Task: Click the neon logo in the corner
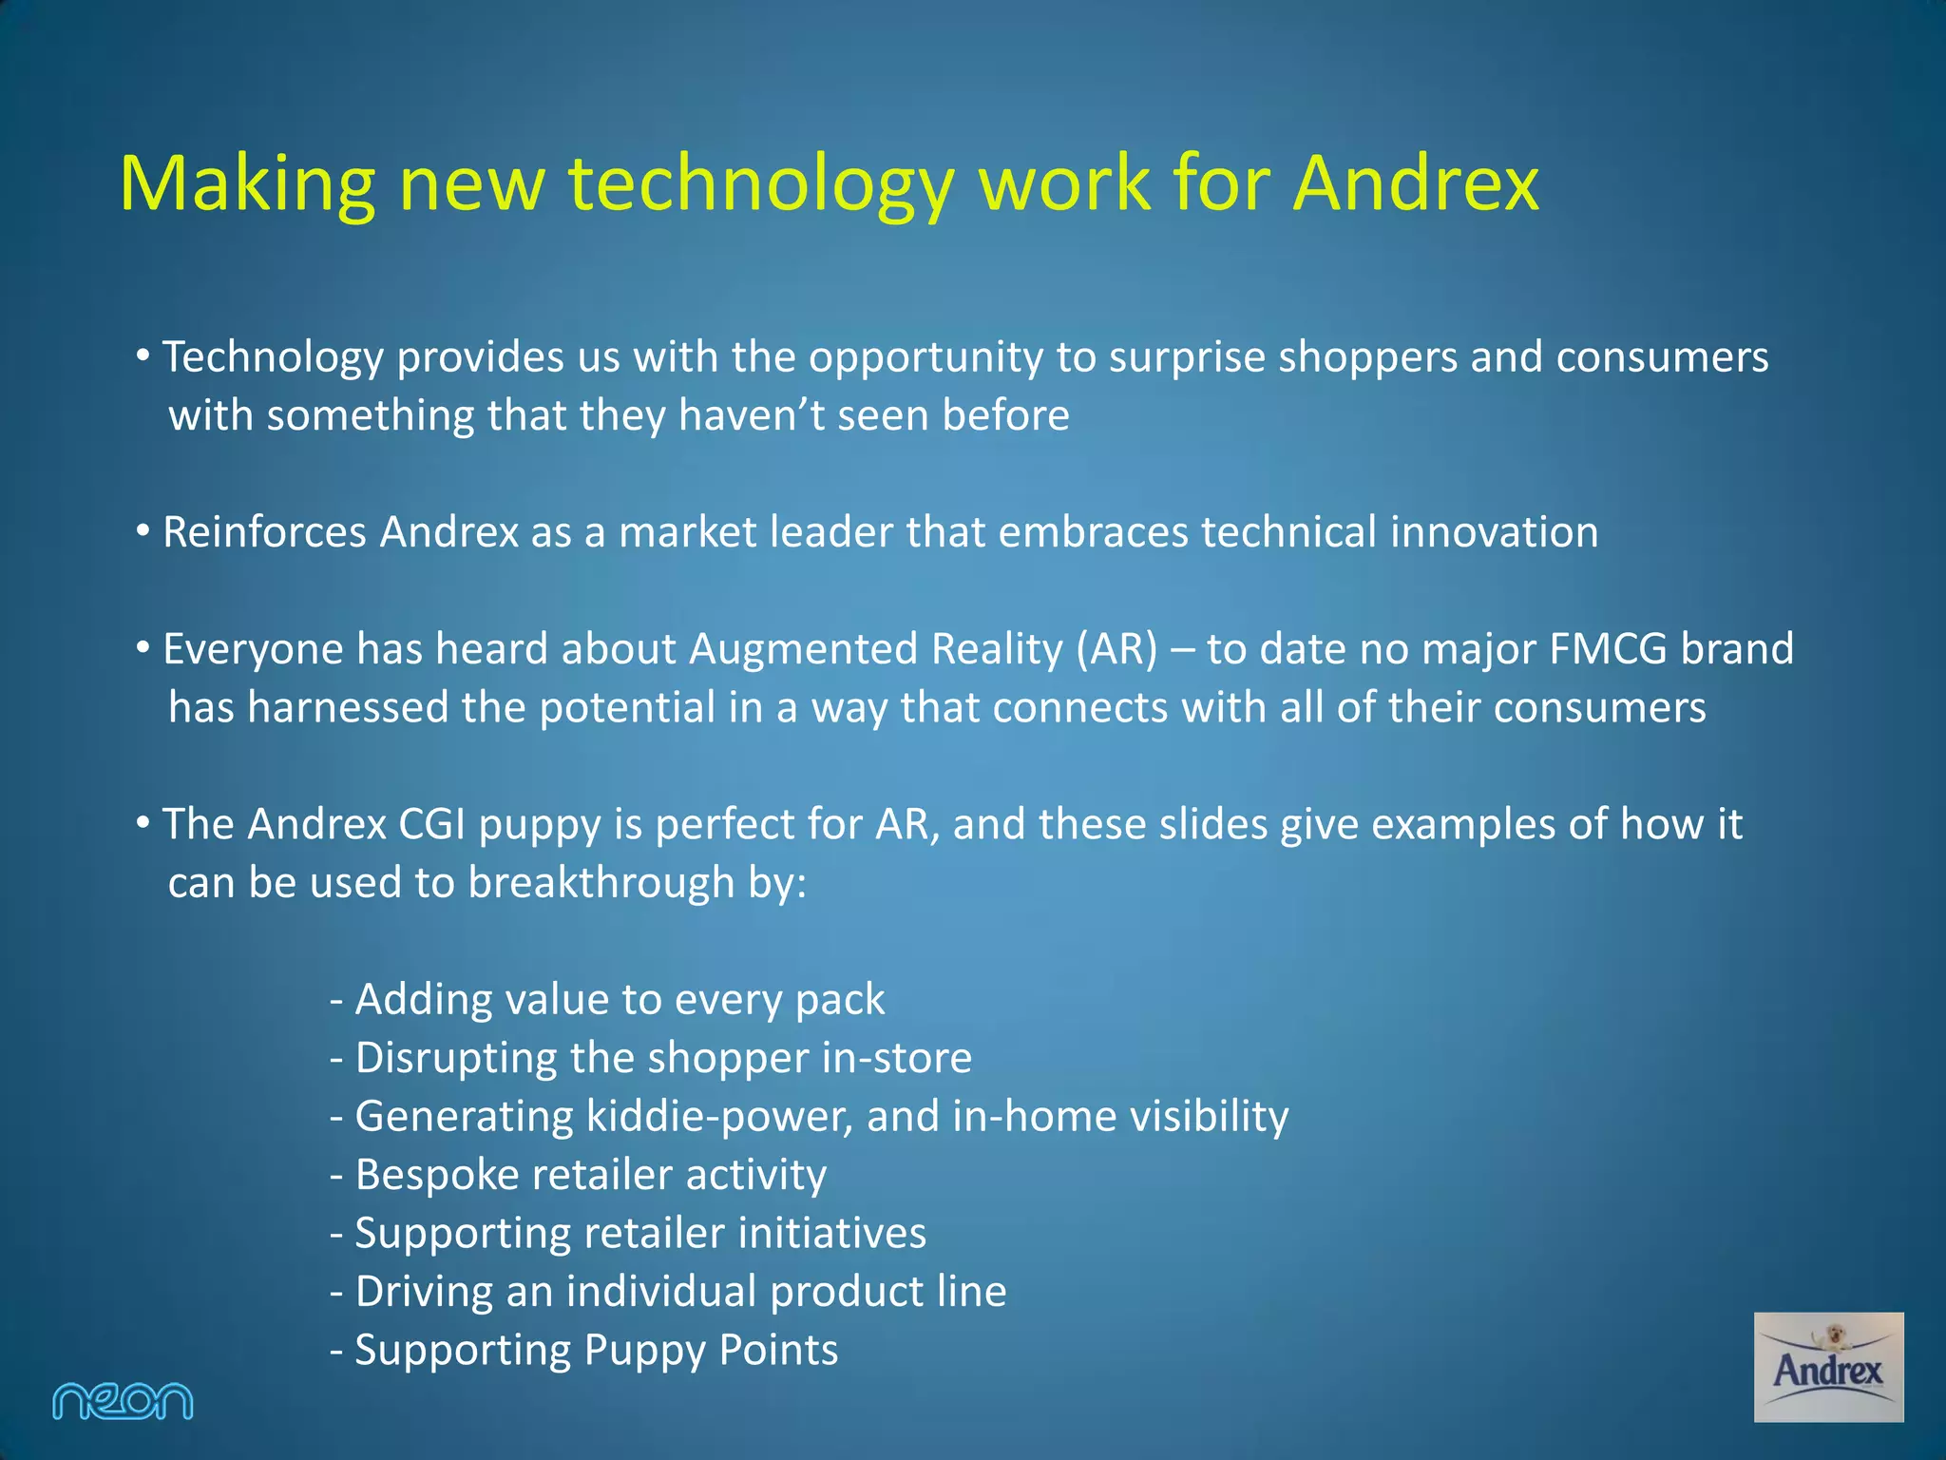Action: tap(123, 1401)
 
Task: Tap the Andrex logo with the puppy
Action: tap(1828, 1367)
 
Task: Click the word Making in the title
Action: tap(247, 182)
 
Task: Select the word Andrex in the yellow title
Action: tap(1415, 182)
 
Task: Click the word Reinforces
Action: tap(264, 532)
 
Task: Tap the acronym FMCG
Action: tap(1608, 649)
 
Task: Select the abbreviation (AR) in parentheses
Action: tap(1117, 649)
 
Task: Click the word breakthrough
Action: tap(601, 883)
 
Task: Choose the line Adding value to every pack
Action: tap(607, 1000)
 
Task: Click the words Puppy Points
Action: tap(711, 1351)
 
